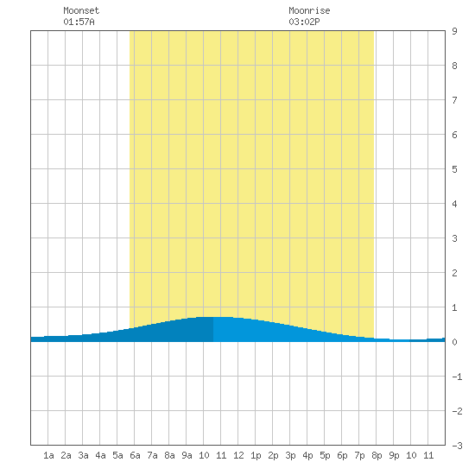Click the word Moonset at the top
tap(81, 10)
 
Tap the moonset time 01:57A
tap(79, 22)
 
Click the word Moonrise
tap(309, 10)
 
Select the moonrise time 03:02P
tap(304, 22)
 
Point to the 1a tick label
tap(48, 455)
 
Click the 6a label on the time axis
tap(135, 455)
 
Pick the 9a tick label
tap(187, 455)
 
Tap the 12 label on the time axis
tap(238, 455)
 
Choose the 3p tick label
tap(290, 455)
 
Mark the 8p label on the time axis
tap(377, 455)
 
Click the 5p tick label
tap(325, 455)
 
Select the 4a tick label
tap(100, 455)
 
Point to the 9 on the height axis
tap(454, 31)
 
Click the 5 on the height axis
tap(454, 169)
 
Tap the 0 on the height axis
tap(454, 342)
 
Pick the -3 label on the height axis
tap(457, 446)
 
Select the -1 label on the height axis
tap(457, 377)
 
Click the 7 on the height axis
tap(454, 100)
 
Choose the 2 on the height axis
tap(454, 273)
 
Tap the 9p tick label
tap(394, 455)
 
